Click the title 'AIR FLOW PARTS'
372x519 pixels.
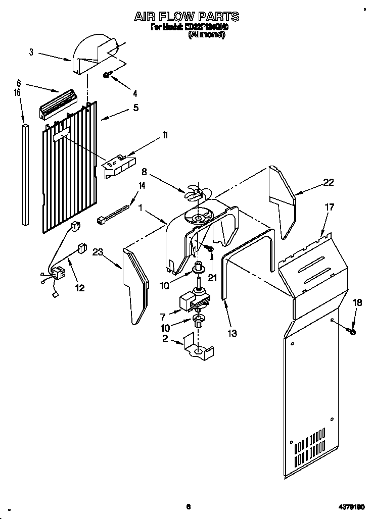[x=186, y=17]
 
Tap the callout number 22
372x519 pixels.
[x=329, y=183]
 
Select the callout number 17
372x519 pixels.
[x=329, y=206]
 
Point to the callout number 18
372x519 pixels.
[x=357, y=302]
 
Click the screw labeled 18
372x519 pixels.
[x=352, y=331]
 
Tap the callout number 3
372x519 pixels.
[x=31, y=51]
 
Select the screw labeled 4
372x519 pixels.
[x=108, y=75]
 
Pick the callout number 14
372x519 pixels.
[x=142, y=186]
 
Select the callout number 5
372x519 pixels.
[x=135, y=108]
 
